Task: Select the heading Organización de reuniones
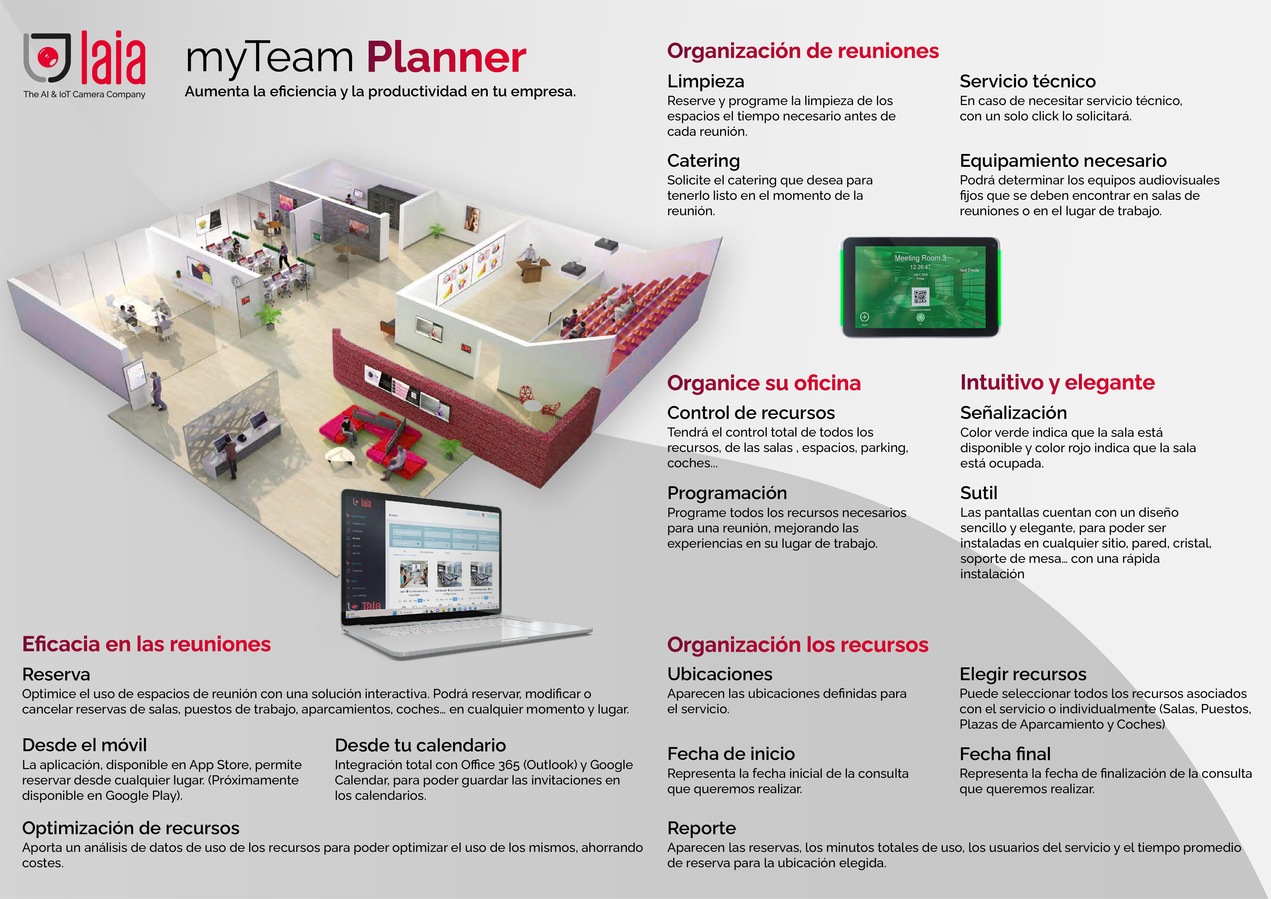click(x=803, y=51)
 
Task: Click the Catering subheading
click(x=703, y=161)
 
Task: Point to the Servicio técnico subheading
click(x=1027, y=81)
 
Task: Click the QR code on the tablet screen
click(x=920, y=297)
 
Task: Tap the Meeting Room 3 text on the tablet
click(x=920, y=258)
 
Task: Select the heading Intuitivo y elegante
click(x=1057, y=383)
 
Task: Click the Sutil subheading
click(x=979, y=493)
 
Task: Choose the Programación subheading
click(x=727, y=493)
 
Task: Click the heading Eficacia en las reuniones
click(x=146, y=644)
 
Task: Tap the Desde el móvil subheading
click(x=84, y=745)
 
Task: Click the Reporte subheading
click(x=701, y=828)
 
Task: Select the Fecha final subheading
click(x=1005, y=754)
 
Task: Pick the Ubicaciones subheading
click(x=720, y=674)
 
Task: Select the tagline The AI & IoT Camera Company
click(x=84, y=95)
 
